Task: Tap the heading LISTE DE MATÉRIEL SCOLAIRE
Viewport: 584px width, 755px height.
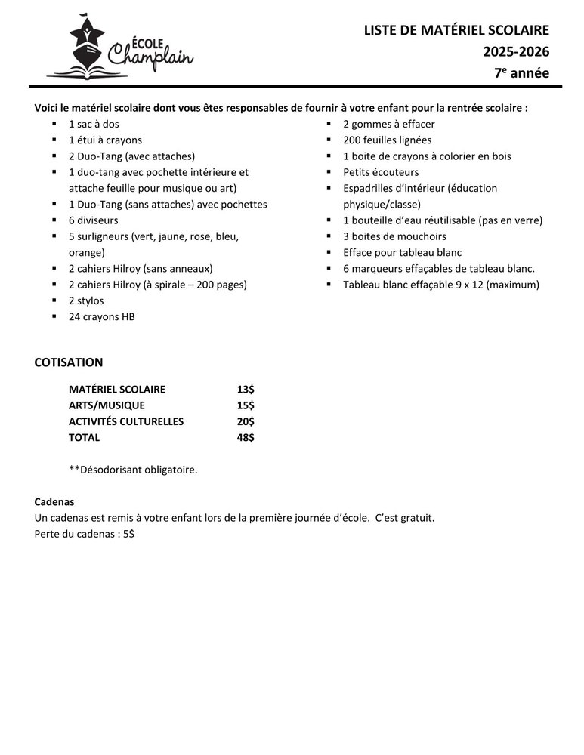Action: click(456, 30)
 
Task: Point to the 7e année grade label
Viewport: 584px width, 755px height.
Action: click(521, 72)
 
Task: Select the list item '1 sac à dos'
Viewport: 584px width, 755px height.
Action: click(94, 124)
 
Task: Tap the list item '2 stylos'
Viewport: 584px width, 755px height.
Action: click(86, 300)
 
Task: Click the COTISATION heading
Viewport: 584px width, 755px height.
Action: click(69, 362)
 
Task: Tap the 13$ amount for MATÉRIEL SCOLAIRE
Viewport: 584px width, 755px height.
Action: click(246, 390)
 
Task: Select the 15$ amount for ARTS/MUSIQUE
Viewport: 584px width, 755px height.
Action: click(246, 405)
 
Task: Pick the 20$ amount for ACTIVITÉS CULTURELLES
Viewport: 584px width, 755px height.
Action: click(246, 421)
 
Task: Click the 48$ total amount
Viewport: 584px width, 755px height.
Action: click(246, 437)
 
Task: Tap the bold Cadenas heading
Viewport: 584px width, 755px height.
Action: click(54, 502)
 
